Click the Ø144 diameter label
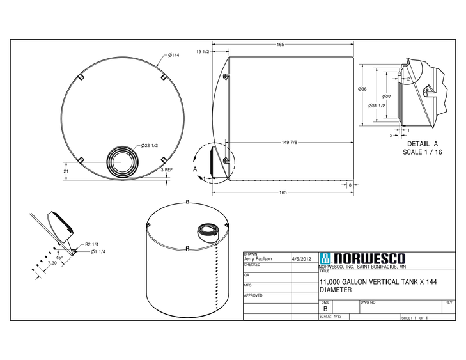click(x=174, y=56)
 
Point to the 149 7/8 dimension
click(x=290, y=142)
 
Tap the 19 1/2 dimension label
click(x=203, y=51)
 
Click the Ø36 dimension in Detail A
click(x=362, y=89)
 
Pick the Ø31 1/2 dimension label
click(x=377, y=106)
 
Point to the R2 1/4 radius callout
click(x=91, y=244)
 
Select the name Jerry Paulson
click(x=258, y=259)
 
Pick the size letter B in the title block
click(x=325, y=308)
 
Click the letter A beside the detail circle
click(x=195, y=169)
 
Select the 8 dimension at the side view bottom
click(x=351, y=185)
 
